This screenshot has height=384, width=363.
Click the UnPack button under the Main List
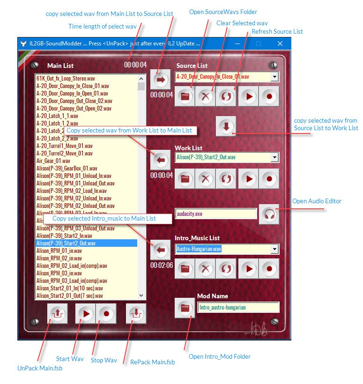[57, 313]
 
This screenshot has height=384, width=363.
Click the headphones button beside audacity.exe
[269, 214]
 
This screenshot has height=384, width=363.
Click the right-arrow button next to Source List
[161, 79]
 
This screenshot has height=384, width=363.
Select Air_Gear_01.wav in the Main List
[53, 161]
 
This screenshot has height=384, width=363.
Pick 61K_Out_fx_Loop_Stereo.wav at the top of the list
[66, 78]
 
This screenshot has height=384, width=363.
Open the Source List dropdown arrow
[275, 77]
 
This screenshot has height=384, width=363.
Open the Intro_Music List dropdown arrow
[275, 249]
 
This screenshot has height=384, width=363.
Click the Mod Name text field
[238, 307]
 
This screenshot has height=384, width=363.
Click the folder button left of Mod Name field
[185, 308]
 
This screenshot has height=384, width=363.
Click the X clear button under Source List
[206, 96]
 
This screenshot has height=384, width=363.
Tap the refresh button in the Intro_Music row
[226, 269]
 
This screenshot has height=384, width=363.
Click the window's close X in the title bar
[280, 44]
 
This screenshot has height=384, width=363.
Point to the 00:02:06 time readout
[162, 265]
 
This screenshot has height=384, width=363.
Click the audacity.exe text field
[216, 214]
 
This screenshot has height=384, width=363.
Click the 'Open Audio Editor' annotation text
[317, 201]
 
